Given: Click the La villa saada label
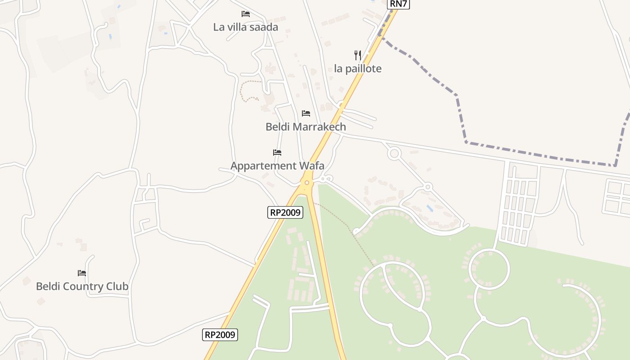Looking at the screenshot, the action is click(246, 27).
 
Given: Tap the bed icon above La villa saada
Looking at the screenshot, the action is click(245, 14).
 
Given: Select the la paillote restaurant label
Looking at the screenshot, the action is click(358, 69).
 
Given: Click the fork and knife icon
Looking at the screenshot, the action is click(358, 55).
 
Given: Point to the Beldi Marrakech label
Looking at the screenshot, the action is click(306, 127).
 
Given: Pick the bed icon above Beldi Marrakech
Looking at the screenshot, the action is click(306, 113).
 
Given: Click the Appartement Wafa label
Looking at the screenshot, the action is click(277, 166).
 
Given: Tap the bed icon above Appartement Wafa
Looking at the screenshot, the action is click(277, 153).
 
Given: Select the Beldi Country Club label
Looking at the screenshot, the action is click(82, 287).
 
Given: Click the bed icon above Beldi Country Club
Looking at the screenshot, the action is click(81, 273).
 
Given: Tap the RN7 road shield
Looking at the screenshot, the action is click(398, 4).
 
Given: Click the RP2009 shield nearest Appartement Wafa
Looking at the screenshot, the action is click(285, 212).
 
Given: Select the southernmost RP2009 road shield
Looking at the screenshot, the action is click(220, 335).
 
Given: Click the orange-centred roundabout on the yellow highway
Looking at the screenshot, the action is click(307, 182).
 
